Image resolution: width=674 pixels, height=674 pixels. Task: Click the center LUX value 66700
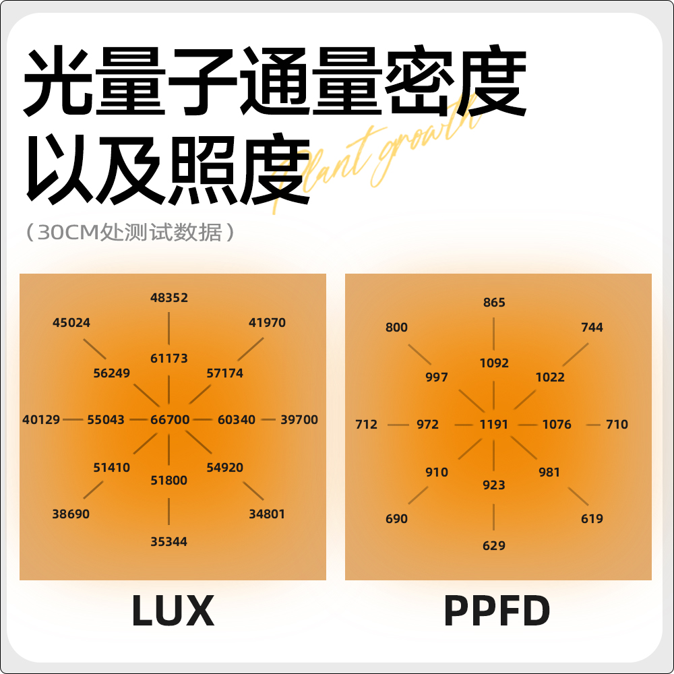(170, 419)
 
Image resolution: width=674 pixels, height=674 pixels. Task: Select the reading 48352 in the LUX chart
(169, 297)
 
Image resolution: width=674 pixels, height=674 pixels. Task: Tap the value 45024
(71, 322)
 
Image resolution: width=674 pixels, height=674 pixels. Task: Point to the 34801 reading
(267, 514)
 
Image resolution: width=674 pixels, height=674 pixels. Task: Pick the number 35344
(169, 541)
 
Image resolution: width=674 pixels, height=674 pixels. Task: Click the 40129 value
(41, 419)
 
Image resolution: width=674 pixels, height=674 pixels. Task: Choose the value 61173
(169, 358)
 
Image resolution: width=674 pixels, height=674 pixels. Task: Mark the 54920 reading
(225, 467)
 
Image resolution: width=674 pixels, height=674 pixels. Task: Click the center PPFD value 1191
(494, 425)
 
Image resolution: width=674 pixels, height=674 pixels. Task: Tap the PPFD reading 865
(494, 303)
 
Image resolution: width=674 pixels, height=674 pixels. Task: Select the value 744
(592, 327)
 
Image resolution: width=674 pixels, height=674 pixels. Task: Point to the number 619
(592, 518)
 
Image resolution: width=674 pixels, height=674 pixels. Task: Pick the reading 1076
(557, 425)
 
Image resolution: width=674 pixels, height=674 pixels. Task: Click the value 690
(396, 518)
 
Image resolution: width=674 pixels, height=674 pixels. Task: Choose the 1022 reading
(550, 377)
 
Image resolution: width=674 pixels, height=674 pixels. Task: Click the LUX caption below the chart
(173, 611)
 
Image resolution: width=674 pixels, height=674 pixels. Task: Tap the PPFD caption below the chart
(497, 611)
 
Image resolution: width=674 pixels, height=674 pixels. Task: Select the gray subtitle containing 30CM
(131, 233)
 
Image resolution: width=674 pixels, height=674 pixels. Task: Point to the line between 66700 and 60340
(204, 419)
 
